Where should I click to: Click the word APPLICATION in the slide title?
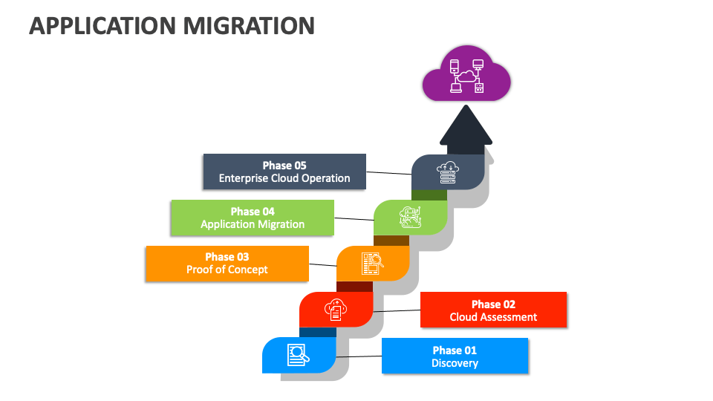point(100,26)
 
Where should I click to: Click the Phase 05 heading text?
point(284,166)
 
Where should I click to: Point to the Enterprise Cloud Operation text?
point(284,178)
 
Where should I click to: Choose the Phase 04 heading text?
point(252,212)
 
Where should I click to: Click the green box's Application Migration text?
point(252,224)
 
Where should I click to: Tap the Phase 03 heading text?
point(227,257)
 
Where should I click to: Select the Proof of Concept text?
point(227,270)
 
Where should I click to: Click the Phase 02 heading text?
point(493,304)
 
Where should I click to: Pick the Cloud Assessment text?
point(493,317)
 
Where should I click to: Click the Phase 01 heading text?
point(455,350)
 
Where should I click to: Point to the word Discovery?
point(455,363)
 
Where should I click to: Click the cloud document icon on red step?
point(335,309)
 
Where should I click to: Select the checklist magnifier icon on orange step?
point(372,264)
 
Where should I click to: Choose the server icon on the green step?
point(410,218)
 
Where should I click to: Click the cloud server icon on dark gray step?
point(448,172)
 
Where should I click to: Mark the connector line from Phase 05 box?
point(388,173)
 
